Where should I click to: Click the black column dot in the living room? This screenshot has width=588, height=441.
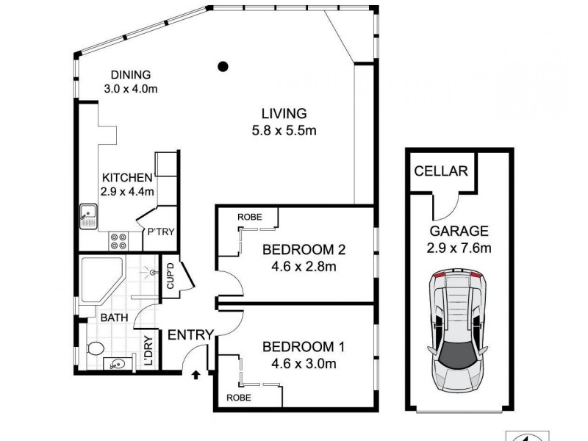[x=223, y=67]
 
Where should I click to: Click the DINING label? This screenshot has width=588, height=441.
[x=131, y=74]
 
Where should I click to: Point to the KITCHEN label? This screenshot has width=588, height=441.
[x=126, y=178]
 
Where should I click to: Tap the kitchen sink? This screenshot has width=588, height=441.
[x=89, y=216]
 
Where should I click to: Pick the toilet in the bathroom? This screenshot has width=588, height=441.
[x=93, y=348]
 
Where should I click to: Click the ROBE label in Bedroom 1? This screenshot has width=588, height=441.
[x=238, y=397]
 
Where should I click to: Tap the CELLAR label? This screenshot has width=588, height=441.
[x=441, y=171]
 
